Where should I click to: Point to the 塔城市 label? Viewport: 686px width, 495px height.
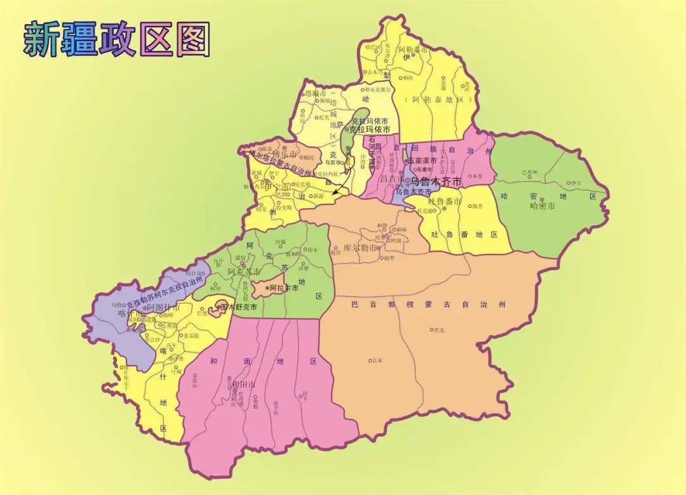[x=316, y=93]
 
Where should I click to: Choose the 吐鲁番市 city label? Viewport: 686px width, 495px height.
[x=439, y=201]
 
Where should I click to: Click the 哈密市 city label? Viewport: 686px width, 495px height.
[x=542, y=206]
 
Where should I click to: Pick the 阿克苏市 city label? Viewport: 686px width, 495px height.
[x=244, y=272]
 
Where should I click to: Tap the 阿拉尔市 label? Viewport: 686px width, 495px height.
[x=283, y=287]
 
